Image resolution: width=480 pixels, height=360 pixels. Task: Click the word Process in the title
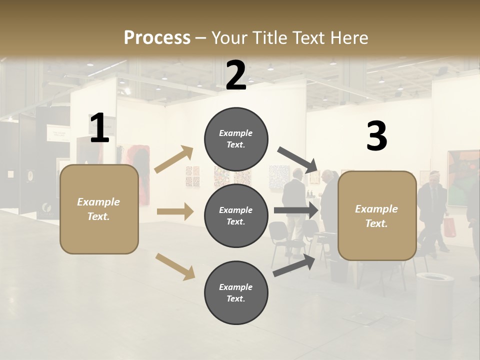(x=157, y=37)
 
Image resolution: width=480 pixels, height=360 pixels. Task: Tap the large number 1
(x=99, y=128)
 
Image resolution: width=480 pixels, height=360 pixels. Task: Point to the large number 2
(x=236, y=75)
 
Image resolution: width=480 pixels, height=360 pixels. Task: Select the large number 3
(x=376, y=136)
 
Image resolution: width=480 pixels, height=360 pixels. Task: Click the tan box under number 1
(x=99, y=209)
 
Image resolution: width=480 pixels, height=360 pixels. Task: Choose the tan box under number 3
(x=376, y=215)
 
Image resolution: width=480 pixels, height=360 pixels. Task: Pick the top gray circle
(x=236, y=139)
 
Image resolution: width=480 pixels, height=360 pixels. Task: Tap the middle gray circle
(x=236, y=215)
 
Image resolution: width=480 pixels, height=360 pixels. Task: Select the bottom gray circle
(x=236, y=292)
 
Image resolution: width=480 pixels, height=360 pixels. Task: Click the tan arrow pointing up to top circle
(x=173, y=159)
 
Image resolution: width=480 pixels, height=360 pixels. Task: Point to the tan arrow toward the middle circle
(x=175, y=211)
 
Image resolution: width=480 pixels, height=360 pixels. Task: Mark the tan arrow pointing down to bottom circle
(x=175, y=266)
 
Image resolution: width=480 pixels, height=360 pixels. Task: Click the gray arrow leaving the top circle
(x=297, y=158)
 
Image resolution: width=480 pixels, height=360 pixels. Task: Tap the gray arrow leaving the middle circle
(x=296, y=210)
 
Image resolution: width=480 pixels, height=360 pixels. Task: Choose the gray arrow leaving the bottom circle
(x=294, y=265)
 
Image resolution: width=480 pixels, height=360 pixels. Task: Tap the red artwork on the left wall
(x=141, y=175)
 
